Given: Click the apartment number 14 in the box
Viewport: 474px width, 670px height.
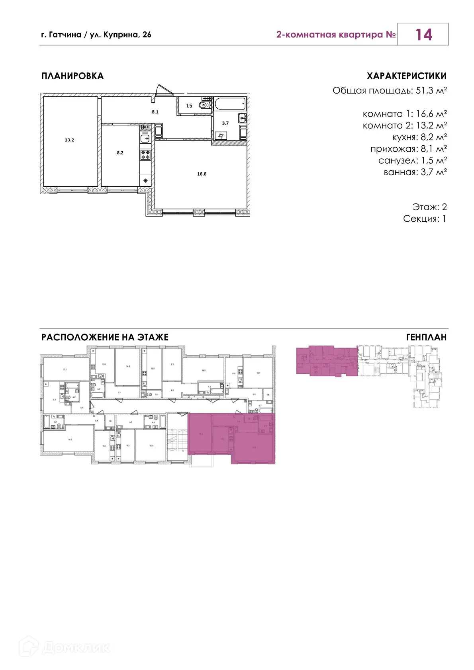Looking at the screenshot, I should tap(423, 35).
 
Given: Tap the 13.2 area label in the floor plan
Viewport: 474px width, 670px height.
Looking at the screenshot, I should tap(69, 140).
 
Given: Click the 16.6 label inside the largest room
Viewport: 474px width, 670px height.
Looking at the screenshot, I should tap(202, 174).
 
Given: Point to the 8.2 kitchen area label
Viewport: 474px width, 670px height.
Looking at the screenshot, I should tap(120, 153).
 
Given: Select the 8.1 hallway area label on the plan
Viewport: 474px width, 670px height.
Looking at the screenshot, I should tap(155, 112).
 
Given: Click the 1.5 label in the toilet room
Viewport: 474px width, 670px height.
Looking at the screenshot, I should tap(189, 106).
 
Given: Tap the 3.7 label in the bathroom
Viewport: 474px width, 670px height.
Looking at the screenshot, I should tap(225, 123).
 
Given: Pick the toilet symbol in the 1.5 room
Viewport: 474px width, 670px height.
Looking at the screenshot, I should tap(204, 105).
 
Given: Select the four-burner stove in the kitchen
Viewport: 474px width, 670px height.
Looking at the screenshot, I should tap(145, 154).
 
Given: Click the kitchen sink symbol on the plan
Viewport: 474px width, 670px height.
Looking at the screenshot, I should tap(145, 139).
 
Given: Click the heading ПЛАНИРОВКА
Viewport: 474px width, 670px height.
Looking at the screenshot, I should tap(72, 76).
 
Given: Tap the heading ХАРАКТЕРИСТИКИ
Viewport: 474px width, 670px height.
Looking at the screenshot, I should tap(406, 76).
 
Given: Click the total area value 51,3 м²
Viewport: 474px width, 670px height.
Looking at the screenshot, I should tap(431, 91).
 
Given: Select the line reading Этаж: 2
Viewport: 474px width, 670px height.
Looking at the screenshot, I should tap(429, 207).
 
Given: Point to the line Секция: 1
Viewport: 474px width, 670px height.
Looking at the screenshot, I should tap(425, 219).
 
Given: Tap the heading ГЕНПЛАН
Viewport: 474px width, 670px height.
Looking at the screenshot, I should tap(426, 337).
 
